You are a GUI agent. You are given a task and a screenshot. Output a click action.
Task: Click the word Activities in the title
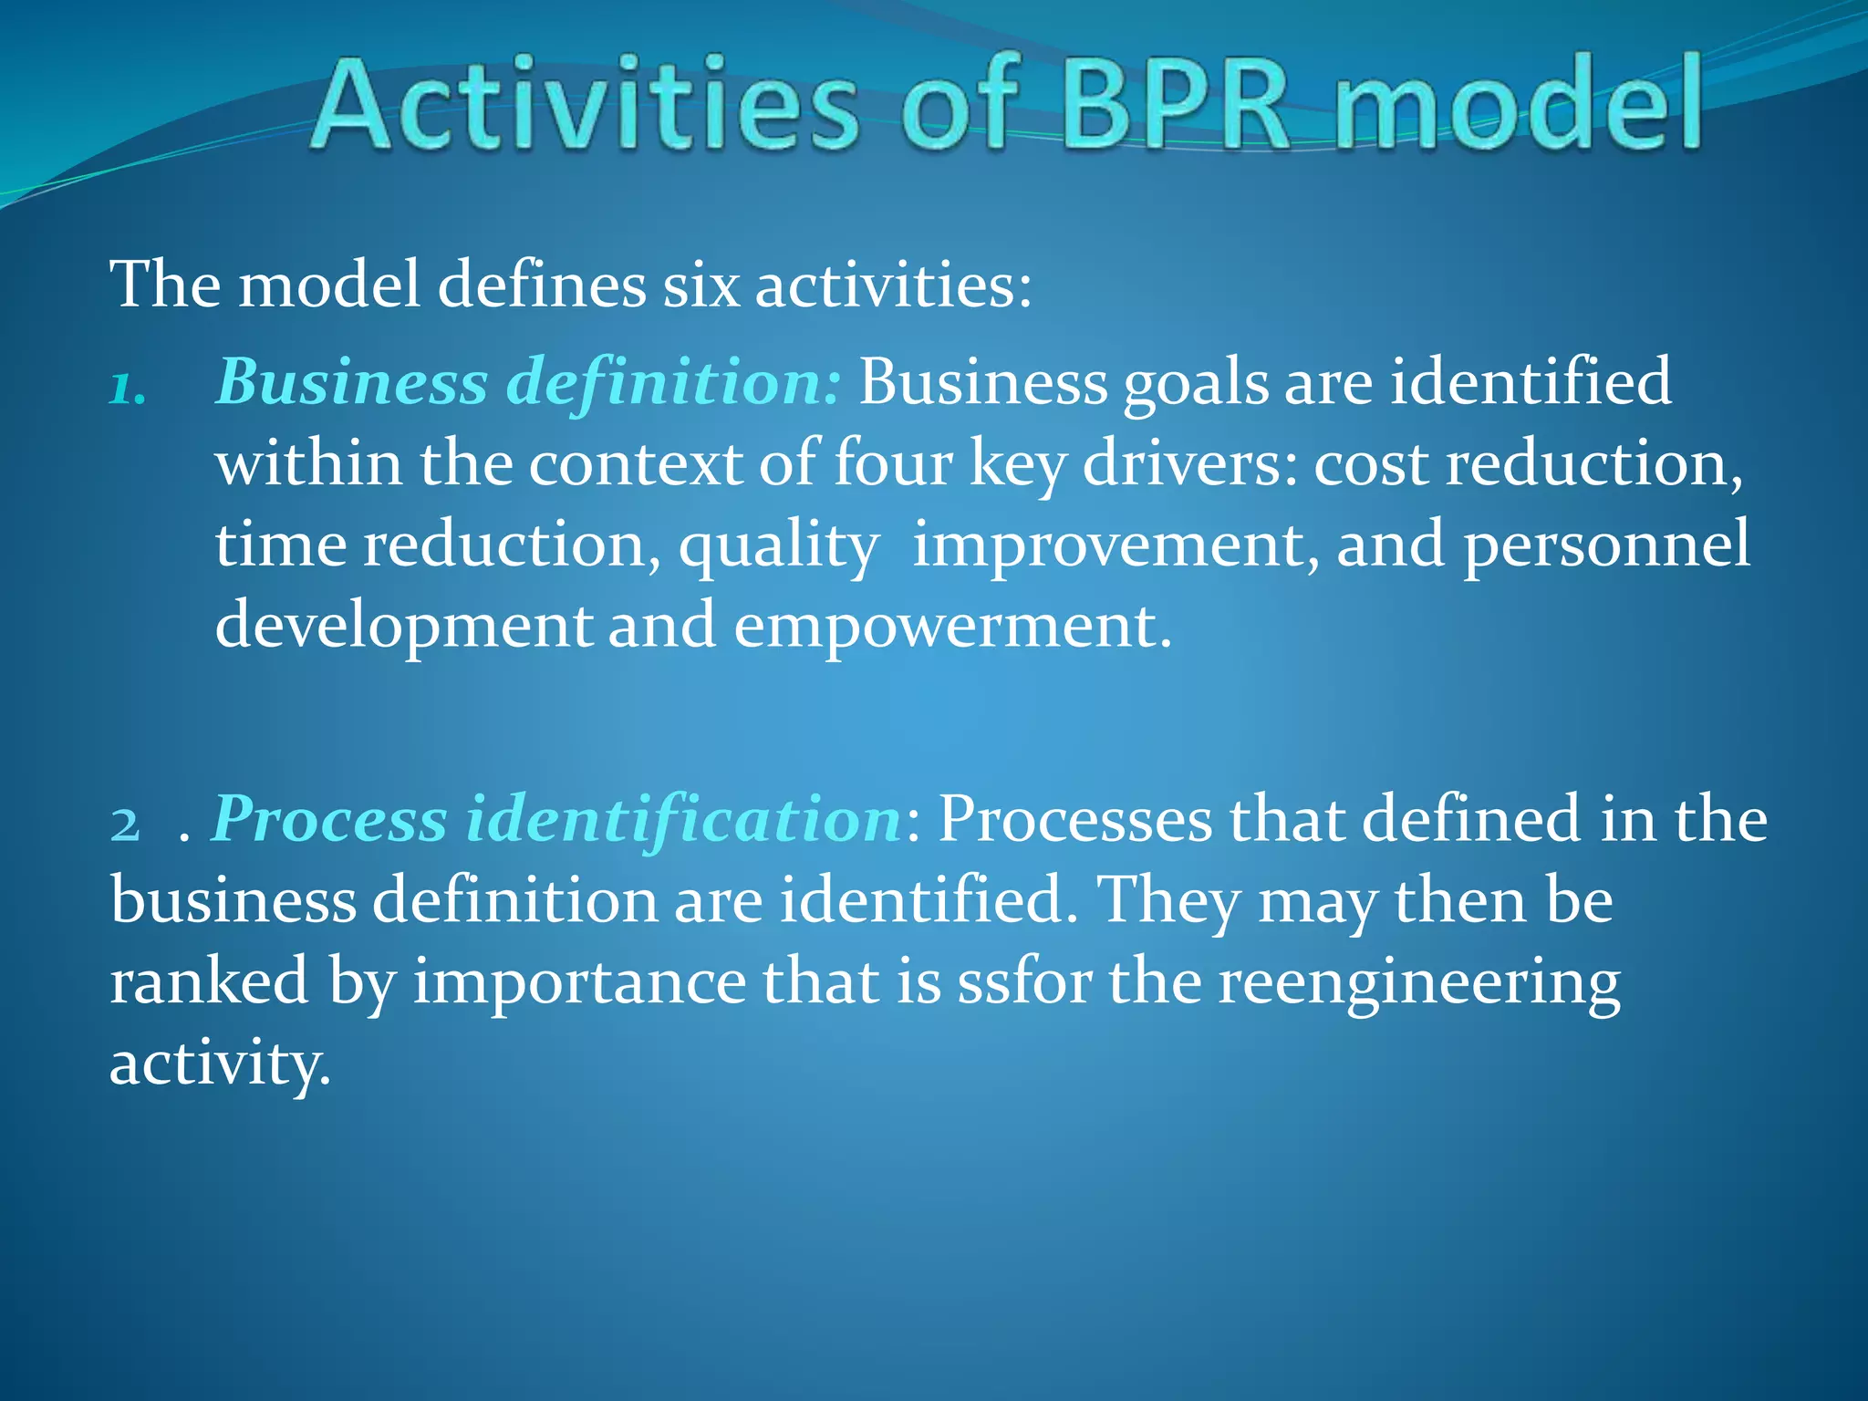584,104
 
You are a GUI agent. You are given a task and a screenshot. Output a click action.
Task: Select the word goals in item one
1195,383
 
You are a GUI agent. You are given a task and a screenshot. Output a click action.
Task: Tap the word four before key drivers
892,464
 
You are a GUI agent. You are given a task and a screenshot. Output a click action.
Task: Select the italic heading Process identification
556,819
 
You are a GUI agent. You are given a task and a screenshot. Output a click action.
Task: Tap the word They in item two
1167,901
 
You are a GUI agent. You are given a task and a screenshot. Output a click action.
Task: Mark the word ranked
209,981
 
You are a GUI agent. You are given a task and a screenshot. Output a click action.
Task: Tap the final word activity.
219,1064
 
